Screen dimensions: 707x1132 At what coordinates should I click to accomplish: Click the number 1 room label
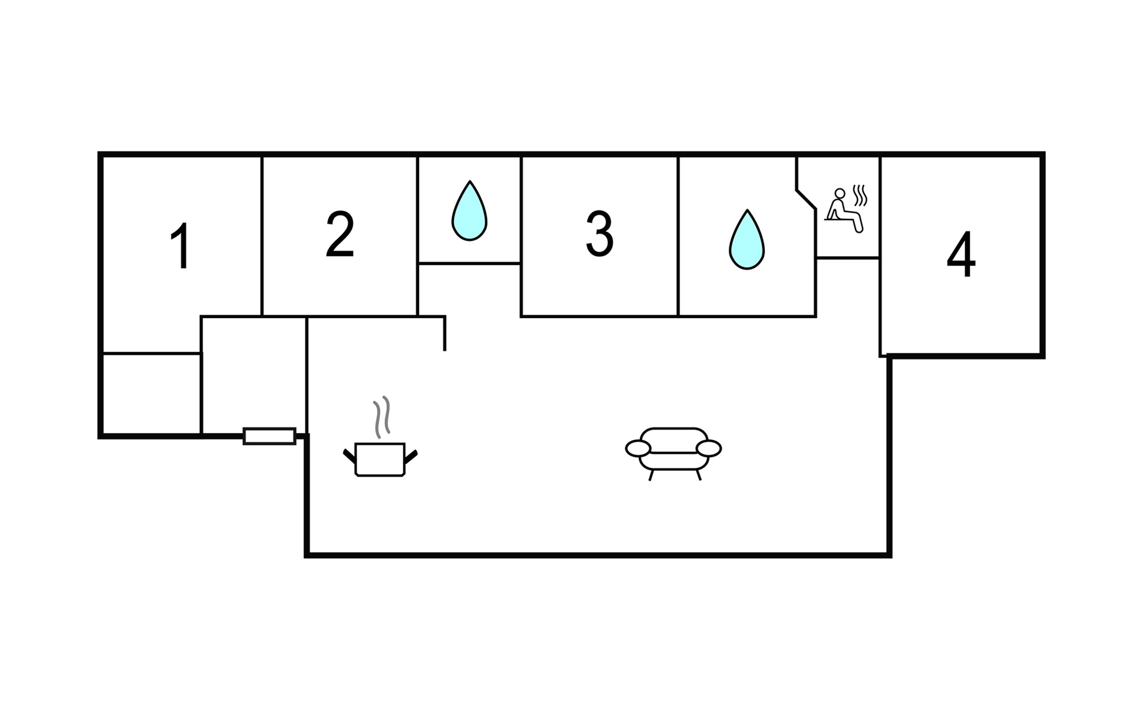pos(180,246)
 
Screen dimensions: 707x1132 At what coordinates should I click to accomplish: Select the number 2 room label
pos(340,234)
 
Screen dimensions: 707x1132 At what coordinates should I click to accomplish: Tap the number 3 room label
pos(599,234)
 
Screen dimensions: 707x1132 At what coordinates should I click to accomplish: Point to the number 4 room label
pos(960,255)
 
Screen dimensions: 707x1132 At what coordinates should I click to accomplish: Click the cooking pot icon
pos(380,459)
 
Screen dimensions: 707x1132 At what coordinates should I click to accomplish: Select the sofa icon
pos(673,451)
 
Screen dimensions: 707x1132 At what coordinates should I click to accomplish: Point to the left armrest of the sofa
pos(637,448)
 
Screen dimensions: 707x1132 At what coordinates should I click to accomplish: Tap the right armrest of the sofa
pos(709,448)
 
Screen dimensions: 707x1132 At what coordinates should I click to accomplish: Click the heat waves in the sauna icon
pos(861,195)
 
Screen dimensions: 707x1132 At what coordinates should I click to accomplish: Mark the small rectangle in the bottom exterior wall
pos(269,436)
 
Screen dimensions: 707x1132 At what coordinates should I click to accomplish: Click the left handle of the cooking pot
pos(349,455)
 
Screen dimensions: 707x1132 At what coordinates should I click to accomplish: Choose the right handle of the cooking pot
pos(411,455)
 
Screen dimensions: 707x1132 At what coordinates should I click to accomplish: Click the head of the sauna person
pos(840,193)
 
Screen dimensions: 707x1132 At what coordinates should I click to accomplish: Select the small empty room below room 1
pos(152,394)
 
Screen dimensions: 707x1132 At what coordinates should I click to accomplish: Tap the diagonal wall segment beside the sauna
pos(806,199)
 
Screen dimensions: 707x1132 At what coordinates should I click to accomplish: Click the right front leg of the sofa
pos(699,475)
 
